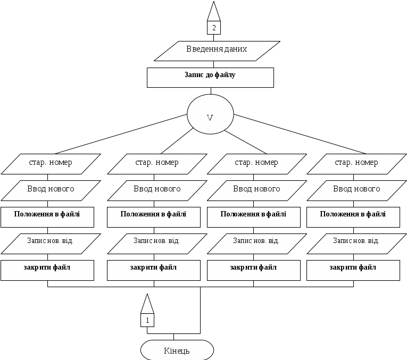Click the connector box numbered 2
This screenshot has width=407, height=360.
point(214,28)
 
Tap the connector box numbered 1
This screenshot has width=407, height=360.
point(147,320)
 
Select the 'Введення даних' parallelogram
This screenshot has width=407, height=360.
point(217,51)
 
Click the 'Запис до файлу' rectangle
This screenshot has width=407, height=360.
point(210,78)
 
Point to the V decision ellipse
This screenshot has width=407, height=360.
point(210,114)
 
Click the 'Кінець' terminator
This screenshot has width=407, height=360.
point(177,350)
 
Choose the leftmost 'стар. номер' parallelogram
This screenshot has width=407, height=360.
point(51,164)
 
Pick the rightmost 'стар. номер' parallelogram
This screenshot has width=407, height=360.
point(356,164)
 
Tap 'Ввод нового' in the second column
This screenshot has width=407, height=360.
point(157,190)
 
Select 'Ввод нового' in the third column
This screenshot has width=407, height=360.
point(257,190)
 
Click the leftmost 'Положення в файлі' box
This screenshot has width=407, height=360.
point(47,217)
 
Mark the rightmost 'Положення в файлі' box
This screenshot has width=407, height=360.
point(353,217)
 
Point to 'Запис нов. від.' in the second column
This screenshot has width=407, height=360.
point(157,244)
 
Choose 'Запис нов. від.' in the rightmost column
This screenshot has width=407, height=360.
point(356,244)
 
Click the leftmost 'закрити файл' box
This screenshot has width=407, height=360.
point(47,270)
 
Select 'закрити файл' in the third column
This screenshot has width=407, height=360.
point(254,270)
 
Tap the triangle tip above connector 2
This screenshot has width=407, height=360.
point(214,1)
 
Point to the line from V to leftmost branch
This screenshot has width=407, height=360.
point(121,134)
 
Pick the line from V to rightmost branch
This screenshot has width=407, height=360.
point(300,134)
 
